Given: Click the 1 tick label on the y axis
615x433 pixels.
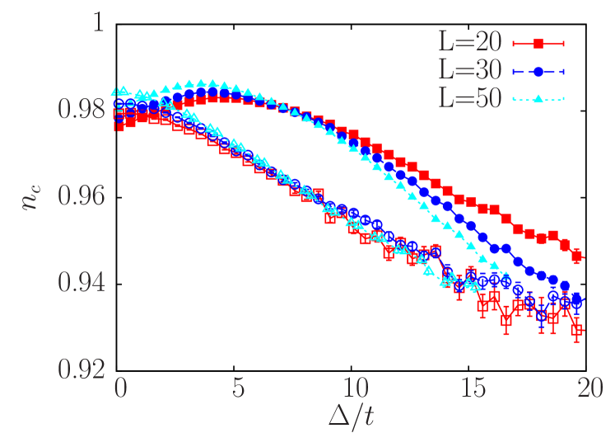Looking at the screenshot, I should click(x=98, y=23).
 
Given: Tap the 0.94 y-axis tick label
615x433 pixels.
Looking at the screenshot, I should click(x=81, y=283).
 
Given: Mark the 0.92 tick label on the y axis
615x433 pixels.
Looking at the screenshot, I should click(x=81, y=369).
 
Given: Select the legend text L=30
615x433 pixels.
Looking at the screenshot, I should click(x=468, y=72).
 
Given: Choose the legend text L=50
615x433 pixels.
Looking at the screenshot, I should click(x=468, y=100).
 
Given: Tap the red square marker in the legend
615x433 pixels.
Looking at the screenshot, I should click(x=537, y=43).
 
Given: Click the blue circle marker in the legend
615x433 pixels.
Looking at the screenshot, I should click(x=537, y=72).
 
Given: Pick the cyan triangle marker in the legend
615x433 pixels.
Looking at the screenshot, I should click(x=537, y=100).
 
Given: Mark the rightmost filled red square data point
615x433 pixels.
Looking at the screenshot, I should click(x=578, y=257).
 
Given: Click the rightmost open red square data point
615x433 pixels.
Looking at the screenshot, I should click(x=577, y=332).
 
